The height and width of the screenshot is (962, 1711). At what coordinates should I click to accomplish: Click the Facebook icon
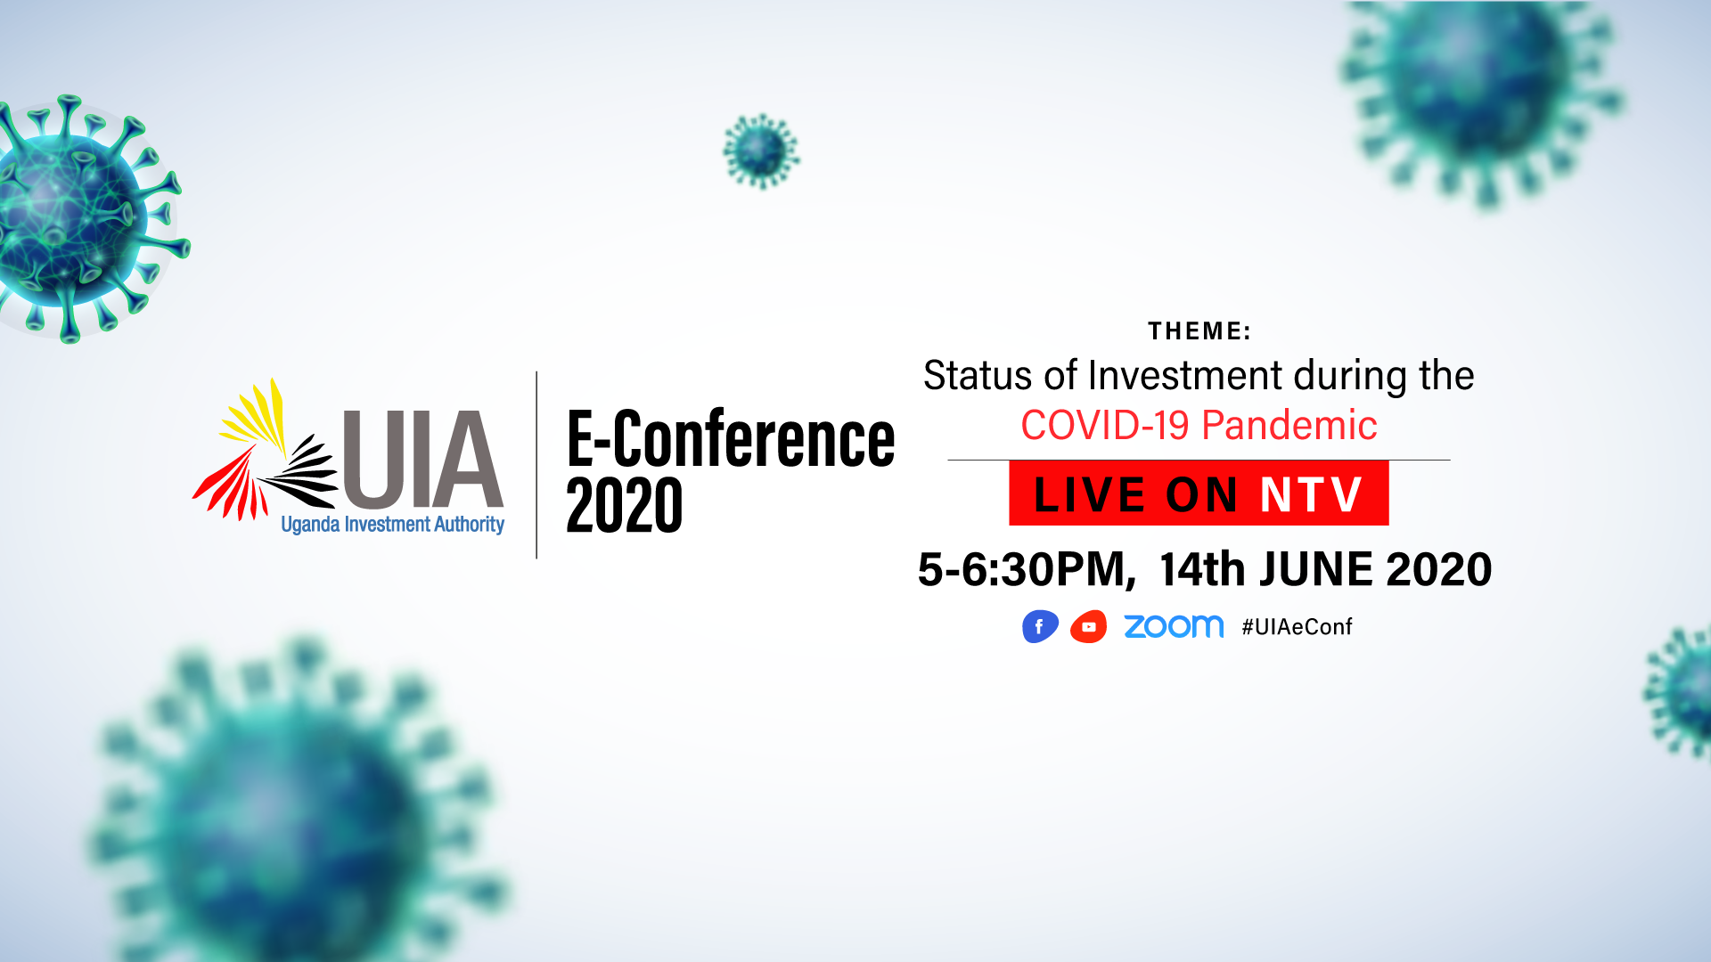point(1040,626)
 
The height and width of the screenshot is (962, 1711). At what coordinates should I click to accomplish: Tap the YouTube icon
point(1088,626)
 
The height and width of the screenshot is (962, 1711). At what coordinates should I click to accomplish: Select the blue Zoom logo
point(1174,626)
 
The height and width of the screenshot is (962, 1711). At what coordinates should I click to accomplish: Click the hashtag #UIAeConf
point(1297,627)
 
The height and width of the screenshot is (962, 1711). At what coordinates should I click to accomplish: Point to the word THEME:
point(1199,331)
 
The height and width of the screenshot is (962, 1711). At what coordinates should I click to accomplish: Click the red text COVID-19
point(1104,426)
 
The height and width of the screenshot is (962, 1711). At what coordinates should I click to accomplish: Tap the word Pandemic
point(1289,426)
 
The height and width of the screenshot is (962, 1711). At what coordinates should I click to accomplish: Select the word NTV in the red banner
point(1311,494)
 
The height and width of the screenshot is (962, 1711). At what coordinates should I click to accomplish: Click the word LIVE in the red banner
point(1089,494)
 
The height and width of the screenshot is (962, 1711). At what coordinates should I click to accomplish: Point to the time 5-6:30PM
point(1027,569)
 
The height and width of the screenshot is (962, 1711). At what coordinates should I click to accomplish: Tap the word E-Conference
point(731,438)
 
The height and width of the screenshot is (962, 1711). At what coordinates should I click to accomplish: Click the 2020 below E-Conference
point(624,505)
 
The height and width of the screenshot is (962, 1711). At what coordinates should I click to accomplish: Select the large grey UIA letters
point(423,458)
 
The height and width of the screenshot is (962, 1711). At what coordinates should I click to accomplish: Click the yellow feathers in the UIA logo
point(255,414)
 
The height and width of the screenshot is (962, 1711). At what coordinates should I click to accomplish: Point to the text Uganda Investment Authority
point(393,525)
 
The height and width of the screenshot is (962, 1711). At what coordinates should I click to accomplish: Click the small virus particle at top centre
point(761,151)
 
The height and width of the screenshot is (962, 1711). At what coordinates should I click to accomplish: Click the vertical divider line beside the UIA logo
point(536,465)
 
